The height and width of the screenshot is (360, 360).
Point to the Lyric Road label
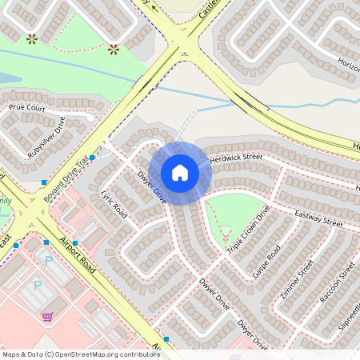click(114, 204)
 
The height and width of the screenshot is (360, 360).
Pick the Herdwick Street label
click(236, 158)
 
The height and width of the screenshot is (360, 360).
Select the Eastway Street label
click(318, 218)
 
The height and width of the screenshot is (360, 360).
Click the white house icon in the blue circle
click(180, 173)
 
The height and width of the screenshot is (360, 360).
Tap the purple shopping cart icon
click(47, 316)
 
